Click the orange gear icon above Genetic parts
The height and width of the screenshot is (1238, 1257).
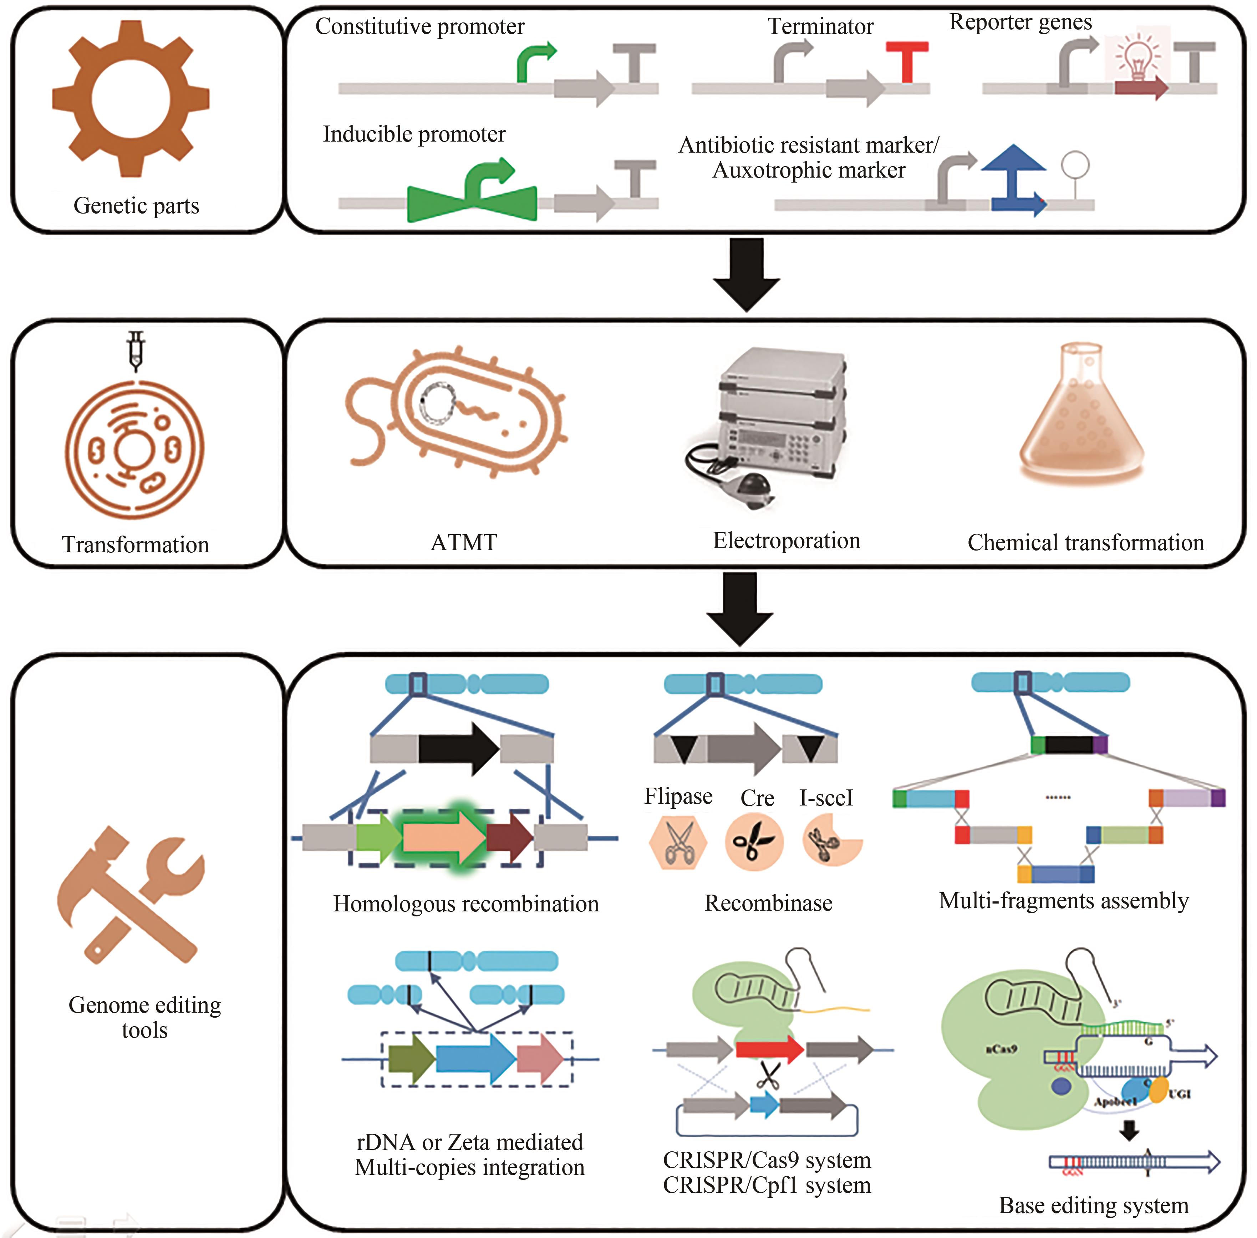click(x=131, y=99)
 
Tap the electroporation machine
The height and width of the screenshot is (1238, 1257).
click(x=774, y=423)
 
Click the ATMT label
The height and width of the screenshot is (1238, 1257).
click(x=464, y=542)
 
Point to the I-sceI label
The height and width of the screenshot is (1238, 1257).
click(x=826, y=798)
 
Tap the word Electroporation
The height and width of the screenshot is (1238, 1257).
click(x=786, y=540)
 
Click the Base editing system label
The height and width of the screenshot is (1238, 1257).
click(x=1093, y=1205)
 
